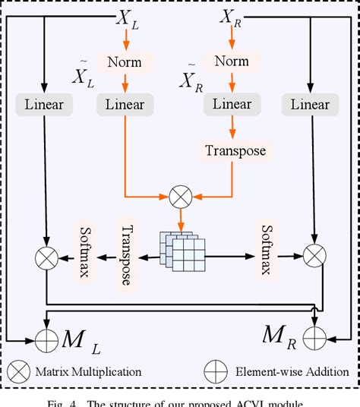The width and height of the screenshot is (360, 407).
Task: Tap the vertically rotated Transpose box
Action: (x=127, y=255)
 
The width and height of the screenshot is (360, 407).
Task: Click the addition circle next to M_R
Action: (x=314, y=334)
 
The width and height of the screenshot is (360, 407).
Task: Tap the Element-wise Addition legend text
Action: (x=291, y=372)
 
